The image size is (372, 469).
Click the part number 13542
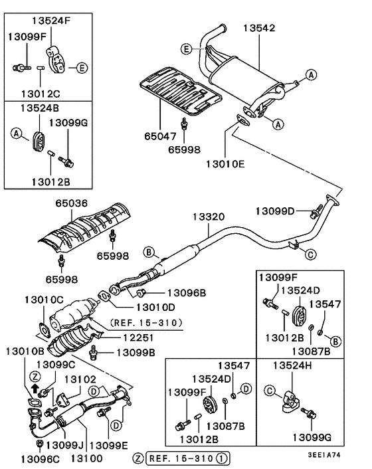[258, 28]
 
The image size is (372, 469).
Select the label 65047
[161, 136]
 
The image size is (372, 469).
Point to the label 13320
[209, 217]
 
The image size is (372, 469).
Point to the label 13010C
[45, 300]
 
